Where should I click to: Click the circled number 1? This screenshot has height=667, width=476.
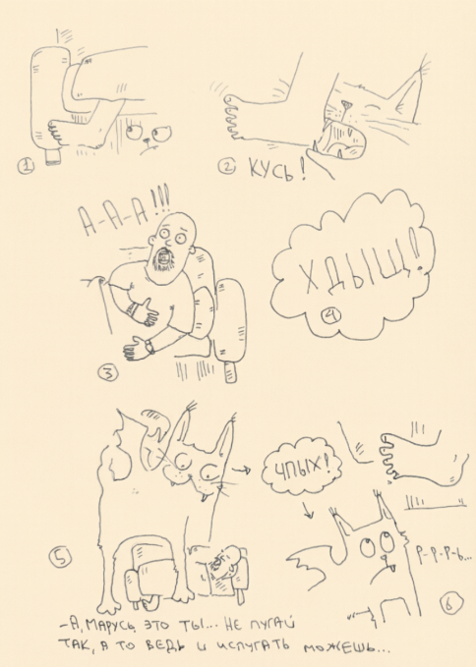(27, 166)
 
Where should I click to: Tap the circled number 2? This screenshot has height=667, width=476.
(227, 167)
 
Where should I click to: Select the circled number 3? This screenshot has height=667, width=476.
(108, 374)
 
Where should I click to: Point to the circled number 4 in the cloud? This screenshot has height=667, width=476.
(333, 315)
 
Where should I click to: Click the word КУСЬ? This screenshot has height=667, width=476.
(276, 171)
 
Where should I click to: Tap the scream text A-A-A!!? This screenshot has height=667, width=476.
(124, 210)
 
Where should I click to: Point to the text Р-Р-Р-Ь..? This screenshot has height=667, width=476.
(442, 554)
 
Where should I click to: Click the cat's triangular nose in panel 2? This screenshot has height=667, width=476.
(346, 104)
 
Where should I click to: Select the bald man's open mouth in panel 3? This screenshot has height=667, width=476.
(163, 256)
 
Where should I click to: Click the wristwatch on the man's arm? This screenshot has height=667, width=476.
(149, 347)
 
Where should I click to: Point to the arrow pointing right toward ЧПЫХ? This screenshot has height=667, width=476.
(241, 470)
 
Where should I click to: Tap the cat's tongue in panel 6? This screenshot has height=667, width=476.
(389, 567)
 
